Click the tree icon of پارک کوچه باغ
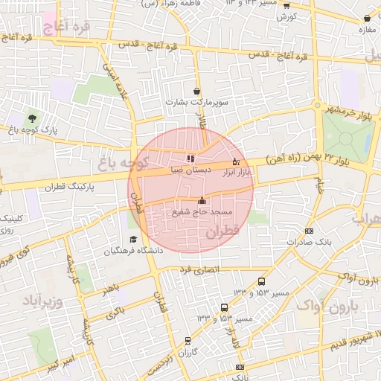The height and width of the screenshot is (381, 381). pos(31,118)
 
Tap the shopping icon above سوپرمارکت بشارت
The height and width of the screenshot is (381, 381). pos(197,91)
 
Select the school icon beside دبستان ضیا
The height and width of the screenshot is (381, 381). pos(191,159)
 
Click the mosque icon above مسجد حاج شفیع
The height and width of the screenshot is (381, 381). pos(202,200)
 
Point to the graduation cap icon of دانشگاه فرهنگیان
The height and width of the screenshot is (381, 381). pos(133,239)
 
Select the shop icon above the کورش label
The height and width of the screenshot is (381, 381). pos(286,5)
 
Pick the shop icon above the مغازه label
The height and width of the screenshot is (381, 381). pos(366,19)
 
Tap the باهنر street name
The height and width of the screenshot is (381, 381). pos(111,287)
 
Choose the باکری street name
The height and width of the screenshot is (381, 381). pos(115,314)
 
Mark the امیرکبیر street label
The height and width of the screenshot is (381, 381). pos(59,365)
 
